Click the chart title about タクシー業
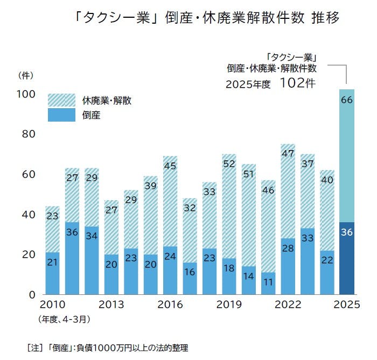pos(208,18)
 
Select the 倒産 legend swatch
pos(61,115)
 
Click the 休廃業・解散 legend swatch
pos(61,100)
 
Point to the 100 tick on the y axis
pos(26,94)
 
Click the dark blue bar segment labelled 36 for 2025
pos(346,259)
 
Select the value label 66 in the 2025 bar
pos(347,100)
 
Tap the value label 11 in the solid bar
pos(268,281)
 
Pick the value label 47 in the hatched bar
pos(288,152)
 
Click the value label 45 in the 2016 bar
pos(170,166)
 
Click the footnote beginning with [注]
pos(107,348)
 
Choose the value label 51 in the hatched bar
pos(249,174)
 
